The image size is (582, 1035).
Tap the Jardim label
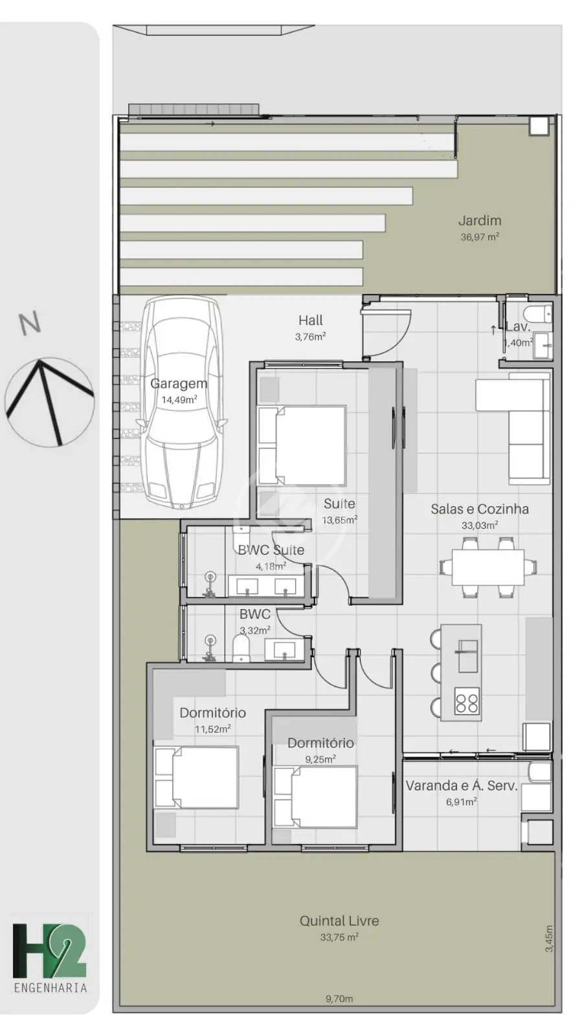tap(479, 221)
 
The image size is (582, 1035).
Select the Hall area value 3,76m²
tap(310, 337)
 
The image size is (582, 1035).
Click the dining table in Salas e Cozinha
tap(488, 567)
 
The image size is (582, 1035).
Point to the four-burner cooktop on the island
tap(467, 702)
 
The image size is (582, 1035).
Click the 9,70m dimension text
tap(339, 999)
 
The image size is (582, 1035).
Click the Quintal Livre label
tap(339, 921)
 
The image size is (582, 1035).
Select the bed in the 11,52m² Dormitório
tap(196, 777)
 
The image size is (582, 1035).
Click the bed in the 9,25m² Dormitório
tap(315, 797)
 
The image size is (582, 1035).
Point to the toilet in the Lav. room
tap(540, 313)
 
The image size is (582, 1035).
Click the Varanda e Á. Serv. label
tap(462, 786)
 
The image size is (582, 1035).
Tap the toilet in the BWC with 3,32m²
tap(240, 648)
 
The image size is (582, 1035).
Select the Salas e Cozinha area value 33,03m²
tap(479, 526)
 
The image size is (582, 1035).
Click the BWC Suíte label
tap(271, 550)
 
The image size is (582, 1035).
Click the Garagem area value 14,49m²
tap(179, 399)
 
